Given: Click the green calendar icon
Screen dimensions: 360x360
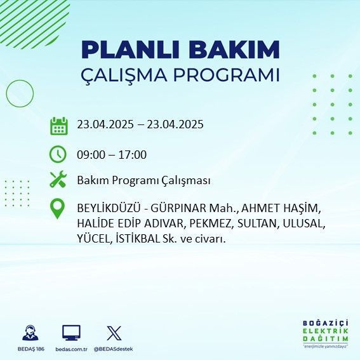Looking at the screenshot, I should tap(58, 126).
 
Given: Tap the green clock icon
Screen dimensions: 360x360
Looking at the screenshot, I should tap(58, 154).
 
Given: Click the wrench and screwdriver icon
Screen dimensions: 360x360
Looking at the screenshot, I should tap(58, 180).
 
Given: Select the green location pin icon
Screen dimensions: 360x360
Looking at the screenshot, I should tap(58, 209).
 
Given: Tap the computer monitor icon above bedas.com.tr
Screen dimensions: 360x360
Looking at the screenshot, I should tap(71, 333).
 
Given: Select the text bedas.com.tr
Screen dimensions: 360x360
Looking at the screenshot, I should tap(71, 349).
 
